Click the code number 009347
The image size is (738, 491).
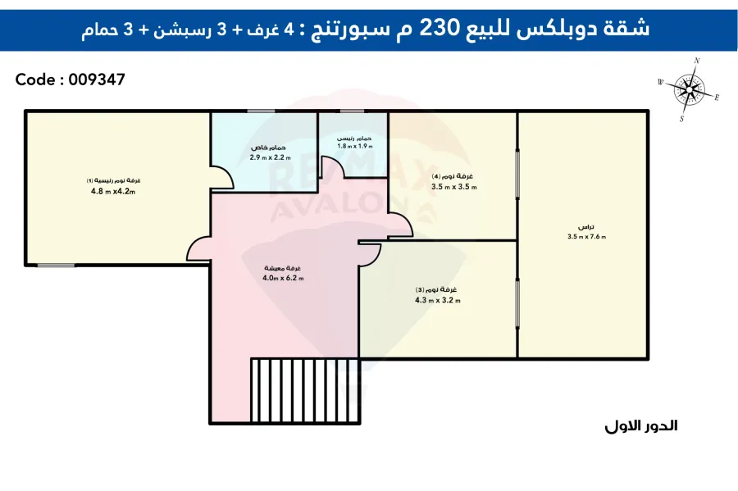[x=97, y=80]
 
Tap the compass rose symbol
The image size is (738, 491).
[x=689, y=89]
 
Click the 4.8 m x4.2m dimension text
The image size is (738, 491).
[x=113, y=192]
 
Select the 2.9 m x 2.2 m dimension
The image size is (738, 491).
[x=270, y=157]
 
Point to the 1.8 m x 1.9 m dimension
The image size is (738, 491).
[x=355, y=146]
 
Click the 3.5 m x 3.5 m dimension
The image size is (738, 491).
[x=453, y=187]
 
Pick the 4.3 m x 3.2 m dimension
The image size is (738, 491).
[x=438, y=300]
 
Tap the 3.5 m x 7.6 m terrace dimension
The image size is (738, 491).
[x=586, y=237]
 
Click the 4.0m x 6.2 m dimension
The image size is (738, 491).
[x=283, y=278]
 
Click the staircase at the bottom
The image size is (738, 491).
[x=305, y=390]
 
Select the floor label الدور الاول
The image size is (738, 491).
[x=641, y=426]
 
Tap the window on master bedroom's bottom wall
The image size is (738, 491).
[x=56, y=266]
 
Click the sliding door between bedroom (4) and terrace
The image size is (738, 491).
[x=517, y=173]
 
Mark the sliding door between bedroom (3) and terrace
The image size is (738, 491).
[x=517, y=302]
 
